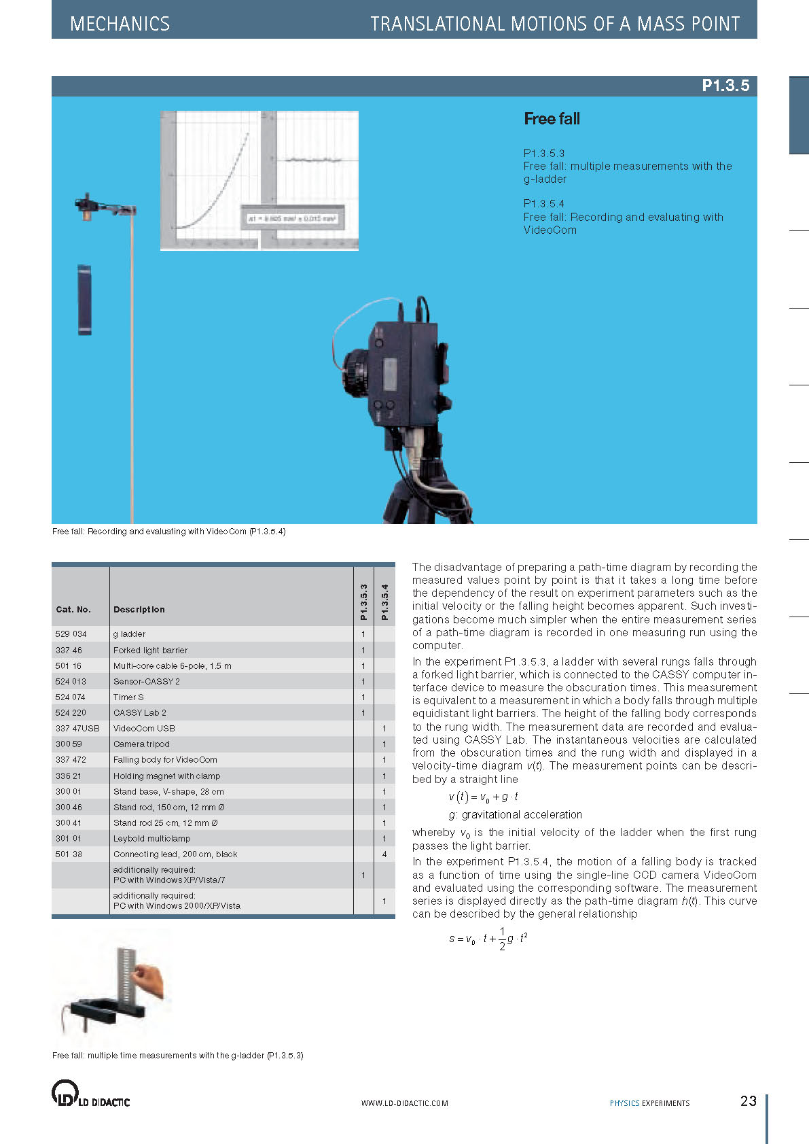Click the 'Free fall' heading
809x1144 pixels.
tap(552, 119)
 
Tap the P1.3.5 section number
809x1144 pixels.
tap(725, 86)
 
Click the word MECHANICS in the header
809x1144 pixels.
tap(120, 24)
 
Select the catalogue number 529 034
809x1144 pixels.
tap(71, 634)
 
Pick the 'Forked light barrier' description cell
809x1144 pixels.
tap(150, 650)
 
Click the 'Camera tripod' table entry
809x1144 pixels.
tap(141, 744)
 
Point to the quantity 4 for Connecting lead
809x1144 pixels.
tap(384, 854)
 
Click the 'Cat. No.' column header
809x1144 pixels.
tap(73, 609)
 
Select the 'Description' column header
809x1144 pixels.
tap(139, 609)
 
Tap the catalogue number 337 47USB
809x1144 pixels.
tap(77, 728)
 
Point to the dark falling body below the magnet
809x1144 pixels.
tap(84, 300)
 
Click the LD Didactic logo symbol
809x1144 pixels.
tap(65, 1092)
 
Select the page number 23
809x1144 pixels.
tap(748, 1100)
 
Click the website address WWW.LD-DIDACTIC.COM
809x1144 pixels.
tap(404, 1103)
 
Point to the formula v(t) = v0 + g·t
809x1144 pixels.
tap(484, 797)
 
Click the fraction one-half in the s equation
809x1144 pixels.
tap(502, 938)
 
